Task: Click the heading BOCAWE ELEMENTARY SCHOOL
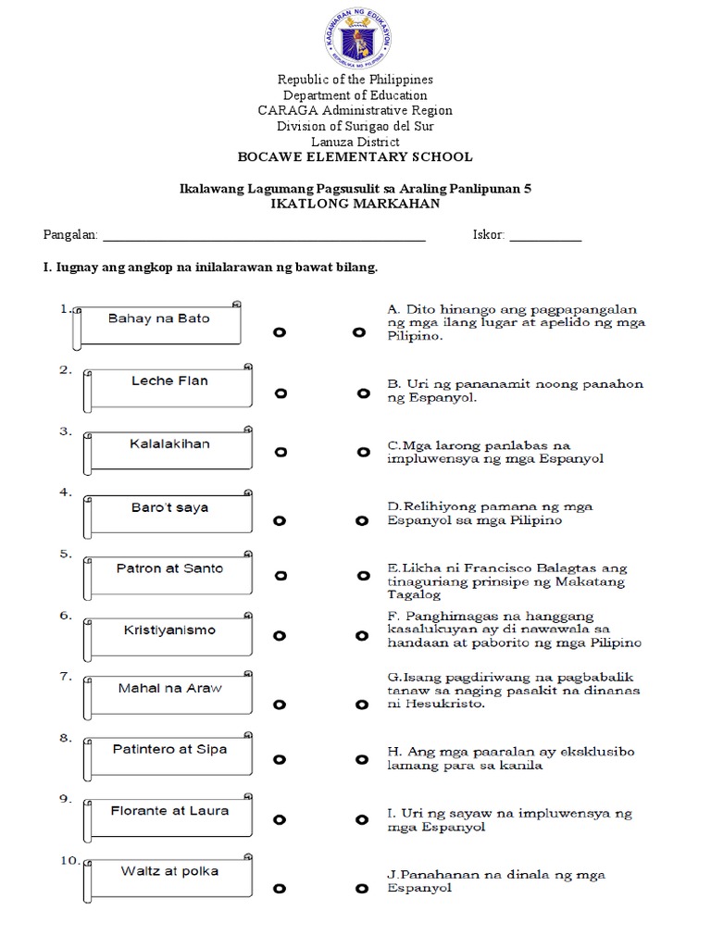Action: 355,157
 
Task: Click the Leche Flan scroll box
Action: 168,384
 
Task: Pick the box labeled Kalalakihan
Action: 168,445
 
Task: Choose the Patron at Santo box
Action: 168,570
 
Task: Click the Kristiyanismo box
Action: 168,631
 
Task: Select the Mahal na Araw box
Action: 168,691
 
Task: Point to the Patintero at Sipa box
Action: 168,751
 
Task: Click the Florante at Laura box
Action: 168,812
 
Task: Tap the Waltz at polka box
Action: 168,873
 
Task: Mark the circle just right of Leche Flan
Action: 281,393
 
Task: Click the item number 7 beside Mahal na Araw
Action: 65,677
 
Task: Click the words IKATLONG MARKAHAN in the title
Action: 355,203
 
